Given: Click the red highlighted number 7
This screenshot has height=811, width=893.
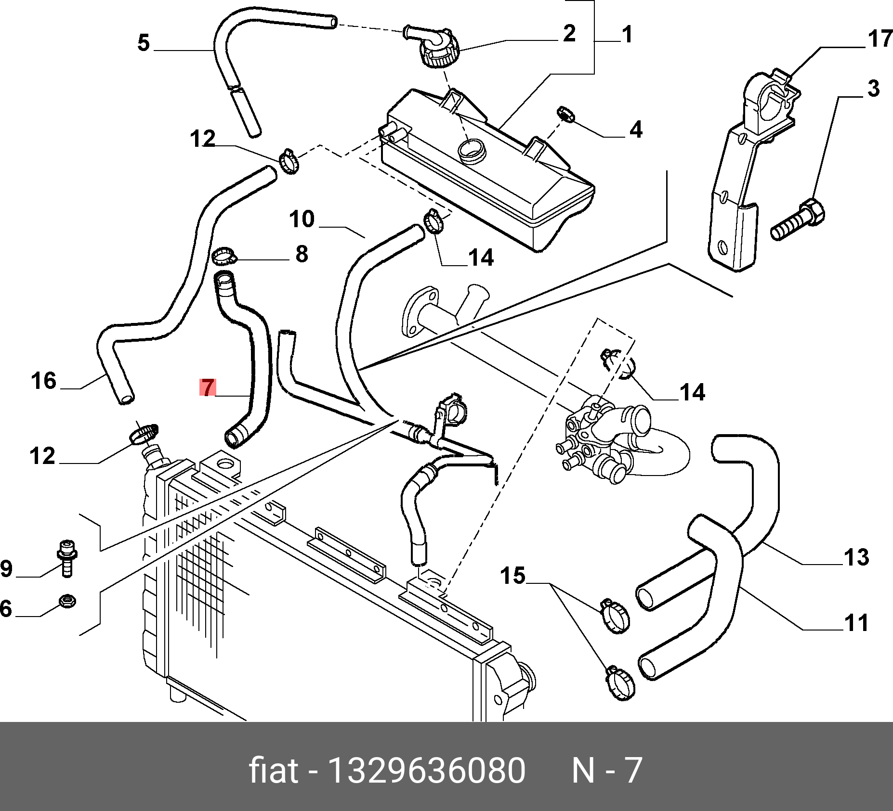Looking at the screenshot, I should point(208,388).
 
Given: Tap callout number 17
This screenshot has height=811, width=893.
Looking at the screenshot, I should point(880,39).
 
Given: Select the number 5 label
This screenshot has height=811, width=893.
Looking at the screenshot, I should point(144,43).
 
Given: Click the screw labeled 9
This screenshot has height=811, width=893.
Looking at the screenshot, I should point(67,557).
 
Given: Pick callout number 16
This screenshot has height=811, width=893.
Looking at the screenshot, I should point(44,381).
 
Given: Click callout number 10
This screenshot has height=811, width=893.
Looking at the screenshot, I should point(302,219).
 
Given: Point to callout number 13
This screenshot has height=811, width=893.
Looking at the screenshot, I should point(856,557).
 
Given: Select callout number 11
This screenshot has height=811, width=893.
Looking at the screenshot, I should point(856,623).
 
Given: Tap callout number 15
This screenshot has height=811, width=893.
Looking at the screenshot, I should point(512,576).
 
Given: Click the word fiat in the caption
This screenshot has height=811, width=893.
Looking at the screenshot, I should point(273,771).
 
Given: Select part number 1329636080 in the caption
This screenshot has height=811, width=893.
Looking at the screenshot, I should point(426,771).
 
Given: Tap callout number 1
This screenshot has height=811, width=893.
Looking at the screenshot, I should point(627,35).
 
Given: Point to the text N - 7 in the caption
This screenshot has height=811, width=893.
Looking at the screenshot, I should point(606,771).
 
